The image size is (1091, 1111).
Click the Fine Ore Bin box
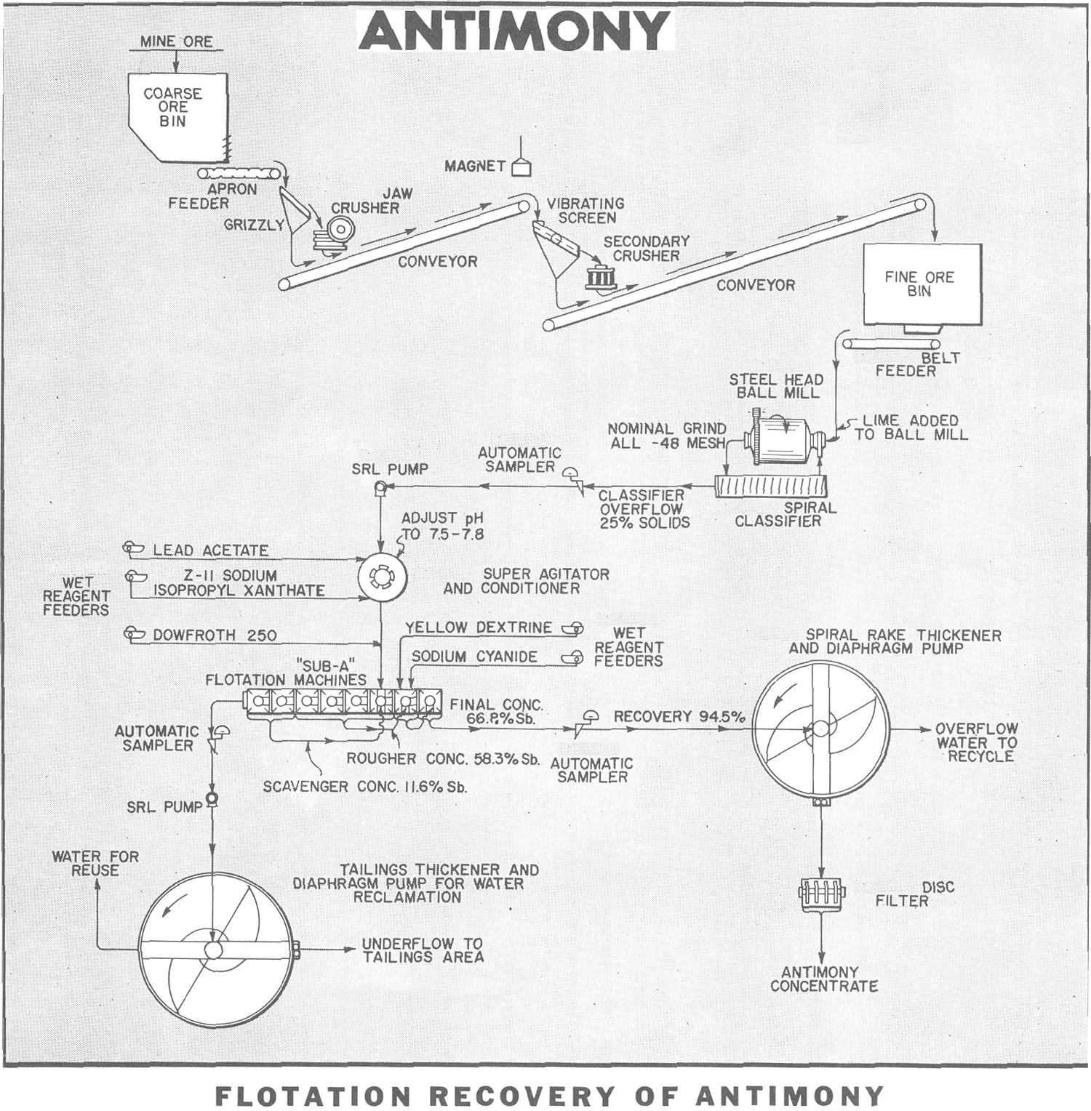coord(921,284)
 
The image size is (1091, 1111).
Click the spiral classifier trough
coord(771,486)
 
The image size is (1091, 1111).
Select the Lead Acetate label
coord(210,550)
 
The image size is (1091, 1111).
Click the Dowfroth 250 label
coord(215,635)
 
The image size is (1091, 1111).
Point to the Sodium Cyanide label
coord(474,657)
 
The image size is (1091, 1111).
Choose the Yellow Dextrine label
coord(479,627)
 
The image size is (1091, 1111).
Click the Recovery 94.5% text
coord(679,716)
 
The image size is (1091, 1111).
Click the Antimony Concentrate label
coord(823,979)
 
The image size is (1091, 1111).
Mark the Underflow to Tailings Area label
coord(423,950)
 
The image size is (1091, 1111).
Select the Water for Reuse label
coord(95,863)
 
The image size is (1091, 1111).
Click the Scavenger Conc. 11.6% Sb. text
coord(364,787)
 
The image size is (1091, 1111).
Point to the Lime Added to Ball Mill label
coord(911,428)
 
